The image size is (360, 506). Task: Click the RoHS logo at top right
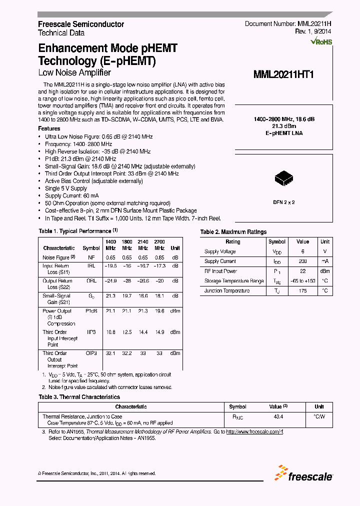[321, 41]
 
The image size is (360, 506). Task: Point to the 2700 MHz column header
[159, 244]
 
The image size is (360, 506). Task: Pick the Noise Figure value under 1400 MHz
[110, 257]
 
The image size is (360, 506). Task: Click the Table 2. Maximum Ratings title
[233, 232]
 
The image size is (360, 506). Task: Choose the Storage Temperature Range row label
[233, 281]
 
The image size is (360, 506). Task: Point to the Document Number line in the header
[288, 24]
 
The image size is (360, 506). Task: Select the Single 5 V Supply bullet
[65, 188]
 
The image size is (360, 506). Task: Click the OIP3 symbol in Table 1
[91, 353]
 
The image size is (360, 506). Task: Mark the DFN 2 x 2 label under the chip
[283, 202]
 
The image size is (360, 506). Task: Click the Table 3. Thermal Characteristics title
[79, 397]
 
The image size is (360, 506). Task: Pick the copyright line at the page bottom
[97, 473]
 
